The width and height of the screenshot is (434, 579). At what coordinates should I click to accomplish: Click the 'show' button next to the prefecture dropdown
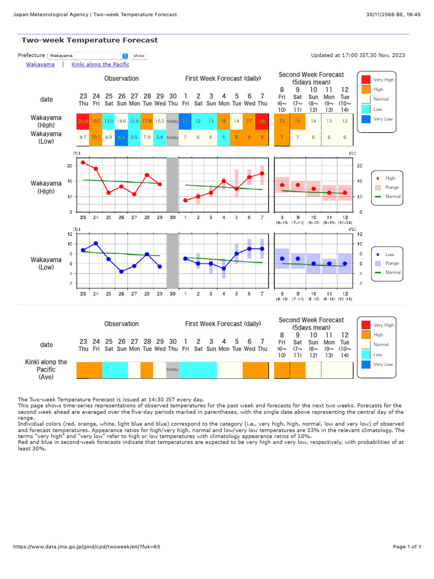(138, 56)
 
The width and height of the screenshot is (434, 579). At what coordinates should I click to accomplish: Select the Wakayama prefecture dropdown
(88, 56)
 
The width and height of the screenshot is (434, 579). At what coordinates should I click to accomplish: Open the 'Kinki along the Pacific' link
(101, 65)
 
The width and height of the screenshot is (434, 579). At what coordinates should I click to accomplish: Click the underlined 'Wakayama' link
(40, 65)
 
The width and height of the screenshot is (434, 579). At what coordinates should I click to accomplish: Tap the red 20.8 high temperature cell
(83, 121)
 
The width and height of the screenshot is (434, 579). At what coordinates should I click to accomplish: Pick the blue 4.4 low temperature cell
(121, 137)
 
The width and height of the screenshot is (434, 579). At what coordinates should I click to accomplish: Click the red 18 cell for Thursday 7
(262, 121)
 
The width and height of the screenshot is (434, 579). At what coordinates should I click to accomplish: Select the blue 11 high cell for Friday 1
(185, 121)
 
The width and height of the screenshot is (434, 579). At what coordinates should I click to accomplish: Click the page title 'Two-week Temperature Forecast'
(89, 40)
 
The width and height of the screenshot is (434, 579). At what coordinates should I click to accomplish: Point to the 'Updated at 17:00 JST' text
(358, 55)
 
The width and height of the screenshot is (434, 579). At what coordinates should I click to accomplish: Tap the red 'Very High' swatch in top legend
(366, 80)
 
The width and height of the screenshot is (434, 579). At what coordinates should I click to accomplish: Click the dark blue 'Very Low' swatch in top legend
(366, 119)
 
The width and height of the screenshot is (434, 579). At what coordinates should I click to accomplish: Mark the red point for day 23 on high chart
(83, 162)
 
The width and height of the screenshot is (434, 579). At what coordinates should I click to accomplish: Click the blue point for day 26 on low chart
(121, 271)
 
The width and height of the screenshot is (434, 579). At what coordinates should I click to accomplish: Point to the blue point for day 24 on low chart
(96, 244)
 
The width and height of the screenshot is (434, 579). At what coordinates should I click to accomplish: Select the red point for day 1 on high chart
(185, 200)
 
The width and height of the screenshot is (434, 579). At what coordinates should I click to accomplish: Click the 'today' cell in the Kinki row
(172, 370)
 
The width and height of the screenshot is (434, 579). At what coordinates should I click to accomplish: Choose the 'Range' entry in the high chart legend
(389, 187)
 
